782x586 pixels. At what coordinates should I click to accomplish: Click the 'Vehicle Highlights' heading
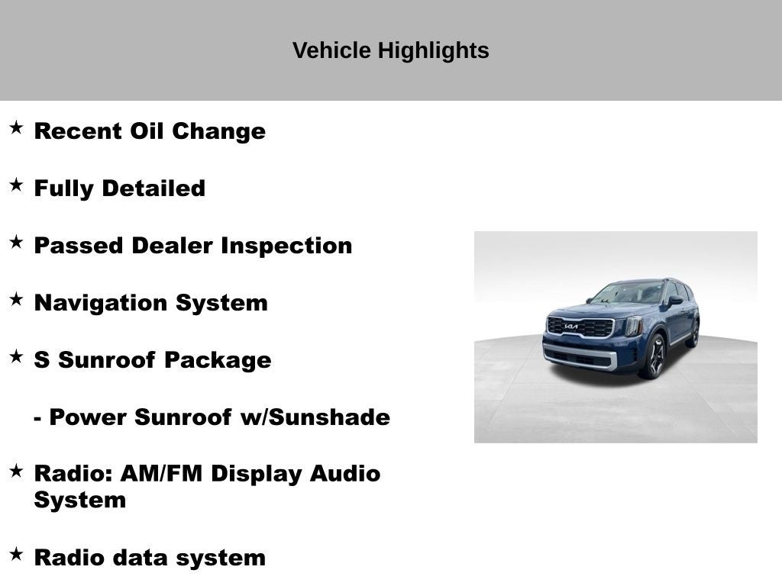pyautogui.click(x=390, y=51)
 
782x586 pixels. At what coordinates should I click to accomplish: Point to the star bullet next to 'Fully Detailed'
pyautogui.click(x=16, y=185)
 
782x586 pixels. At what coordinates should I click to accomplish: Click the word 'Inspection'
pyautogui.click(x=286, y=246)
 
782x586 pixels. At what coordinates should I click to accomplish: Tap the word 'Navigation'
pyautogui.click(x=102, y=303)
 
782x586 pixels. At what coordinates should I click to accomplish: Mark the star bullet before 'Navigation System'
pyautogui.click(x=16, y=299)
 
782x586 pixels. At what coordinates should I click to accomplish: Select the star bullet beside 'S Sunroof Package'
pyautogui.click(x=16, y=356)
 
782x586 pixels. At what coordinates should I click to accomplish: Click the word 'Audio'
pyautogui.click(x=344, y=474)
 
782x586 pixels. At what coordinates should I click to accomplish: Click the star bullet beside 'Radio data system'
pyautogui.click(x=16, y=554)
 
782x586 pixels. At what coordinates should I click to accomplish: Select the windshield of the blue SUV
pyautogui.click(x=628, y=293)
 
